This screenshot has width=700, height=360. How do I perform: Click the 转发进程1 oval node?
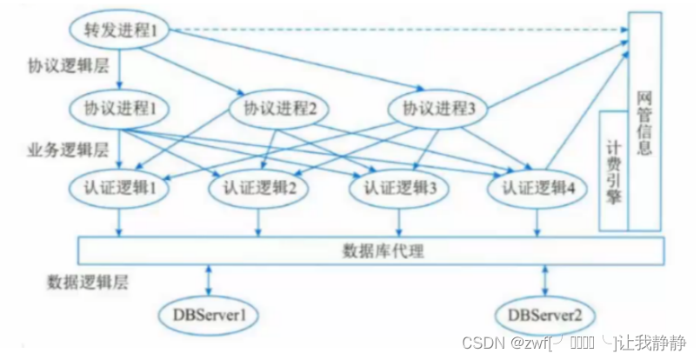point(120,32)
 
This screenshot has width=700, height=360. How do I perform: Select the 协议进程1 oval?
point(120,110)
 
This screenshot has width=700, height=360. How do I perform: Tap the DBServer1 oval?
point(209,314)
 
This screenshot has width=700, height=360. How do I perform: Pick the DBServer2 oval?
point(544,314)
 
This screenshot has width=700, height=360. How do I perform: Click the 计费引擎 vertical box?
point(612,170)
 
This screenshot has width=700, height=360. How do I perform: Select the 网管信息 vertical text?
point(644,122)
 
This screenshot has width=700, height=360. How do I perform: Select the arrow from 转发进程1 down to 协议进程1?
point(120,70)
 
